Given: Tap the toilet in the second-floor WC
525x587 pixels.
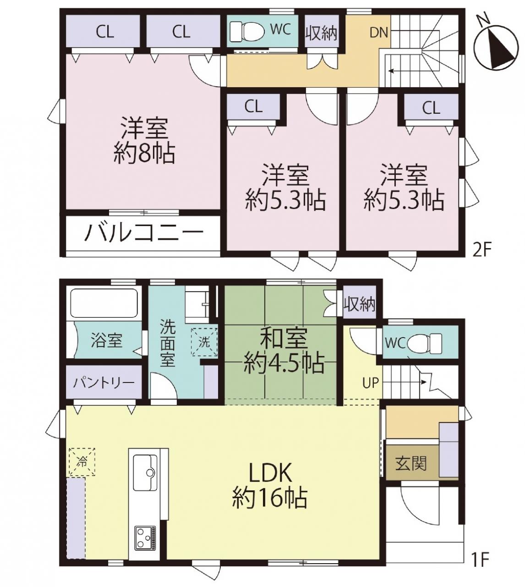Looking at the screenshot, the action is (247, 32).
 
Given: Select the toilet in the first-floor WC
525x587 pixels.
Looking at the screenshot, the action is (425, 343).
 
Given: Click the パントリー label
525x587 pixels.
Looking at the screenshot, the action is (104, 383).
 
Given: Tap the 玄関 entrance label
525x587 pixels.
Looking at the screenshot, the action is (411, 464).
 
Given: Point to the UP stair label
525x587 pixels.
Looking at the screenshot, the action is (371, 383).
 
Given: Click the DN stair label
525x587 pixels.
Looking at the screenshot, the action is (379, 33).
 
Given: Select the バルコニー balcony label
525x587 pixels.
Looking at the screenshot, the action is (144, 234).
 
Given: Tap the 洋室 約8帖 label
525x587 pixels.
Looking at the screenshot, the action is (144, 140).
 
